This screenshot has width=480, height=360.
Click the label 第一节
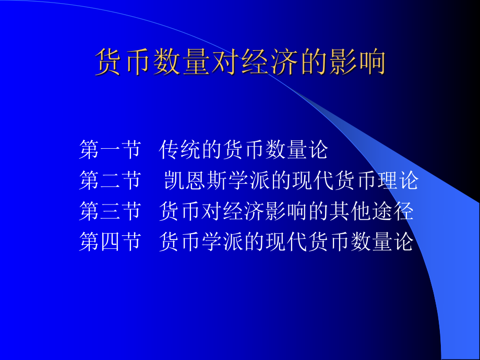click(110, 150)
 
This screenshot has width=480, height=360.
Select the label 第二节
click(110, 181)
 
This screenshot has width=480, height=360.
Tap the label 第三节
click(110, 211)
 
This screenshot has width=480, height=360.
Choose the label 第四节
click(110, 242)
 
